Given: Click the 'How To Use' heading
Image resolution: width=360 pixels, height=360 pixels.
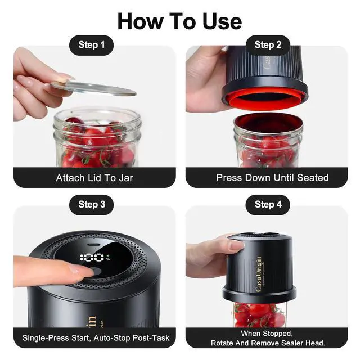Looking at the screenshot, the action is pyautogui.click(x=179, y=21).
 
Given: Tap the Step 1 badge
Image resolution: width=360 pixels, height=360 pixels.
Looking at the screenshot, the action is pyautogui.click(x=91, y=45).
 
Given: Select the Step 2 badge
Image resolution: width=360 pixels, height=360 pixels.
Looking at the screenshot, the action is pyautogui.click(x=268, y=45).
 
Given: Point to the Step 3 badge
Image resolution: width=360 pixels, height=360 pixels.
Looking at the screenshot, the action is pyautogui.click(x=91, y=205).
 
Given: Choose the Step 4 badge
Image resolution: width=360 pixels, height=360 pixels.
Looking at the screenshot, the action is pyautogui.click(x=268, y=205).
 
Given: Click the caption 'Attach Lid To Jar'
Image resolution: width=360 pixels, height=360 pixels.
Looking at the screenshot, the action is pyautogui.click(x=94, y=178).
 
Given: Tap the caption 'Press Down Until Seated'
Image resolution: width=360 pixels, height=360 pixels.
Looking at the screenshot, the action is pyautogui.click(x=272, y=178).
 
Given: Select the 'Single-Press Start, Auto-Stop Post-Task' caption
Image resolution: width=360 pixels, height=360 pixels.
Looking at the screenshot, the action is pyautogui.click(x=96, y=337).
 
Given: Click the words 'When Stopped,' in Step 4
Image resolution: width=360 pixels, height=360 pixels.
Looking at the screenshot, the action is pyautogui.click(x=267, y=334).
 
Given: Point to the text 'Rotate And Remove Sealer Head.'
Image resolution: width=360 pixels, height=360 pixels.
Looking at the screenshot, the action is pyautogui.click(x=268, y=343).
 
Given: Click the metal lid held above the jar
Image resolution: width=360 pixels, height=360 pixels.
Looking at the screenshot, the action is pyautogui.click(x=93, y=88).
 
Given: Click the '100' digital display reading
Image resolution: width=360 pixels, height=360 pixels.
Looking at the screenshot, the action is pyautogui.click(x=92, y=258).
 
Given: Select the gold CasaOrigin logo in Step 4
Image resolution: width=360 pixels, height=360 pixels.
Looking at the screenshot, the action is pyautogui.click(x=259, y=274).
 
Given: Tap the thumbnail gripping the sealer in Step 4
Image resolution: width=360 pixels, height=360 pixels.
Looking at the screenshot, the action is pyautogui.click(x=236, y=246).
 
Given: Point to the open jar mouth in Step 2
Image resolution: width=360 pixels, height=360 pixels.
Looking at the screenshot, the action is pyautogui.click(x=268, y=124).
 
